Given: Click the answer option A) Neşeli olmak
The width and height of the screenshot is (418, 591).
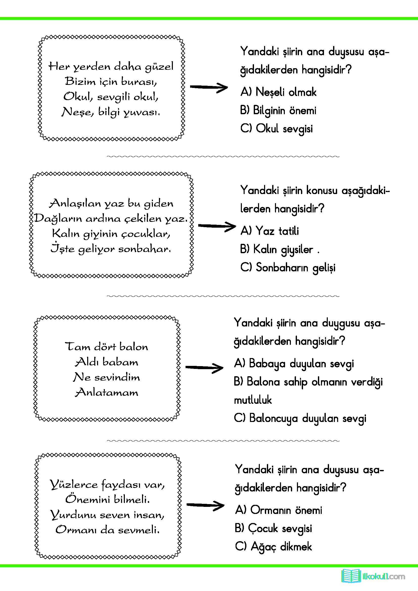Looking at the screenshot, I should point(278,92).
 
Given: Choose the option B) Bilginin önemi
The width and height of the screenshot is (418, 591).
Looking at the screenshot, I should point(278,110).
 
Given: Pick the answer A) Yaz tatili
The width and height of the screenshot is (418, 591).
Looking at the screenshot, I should point(269,231).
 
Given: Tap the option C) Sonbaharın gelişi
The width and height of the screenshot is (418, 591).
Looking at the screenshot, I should point(288,267).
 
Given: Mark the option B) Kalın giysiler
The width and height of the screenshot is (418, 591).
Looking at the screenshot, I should point(277,249).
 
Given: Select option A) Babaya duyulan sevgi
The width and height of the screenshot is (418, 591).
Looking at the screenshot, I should point(294,363).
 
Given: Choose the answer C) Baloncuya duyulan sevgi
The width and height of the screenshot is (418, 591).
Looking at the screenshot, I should point(300,418).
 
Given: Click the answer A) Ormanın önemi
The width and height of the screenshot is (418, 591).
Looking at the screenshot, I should point(278,510).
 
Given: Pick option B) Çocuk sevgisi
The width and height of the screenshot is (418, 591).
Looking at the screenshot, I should point(273,528).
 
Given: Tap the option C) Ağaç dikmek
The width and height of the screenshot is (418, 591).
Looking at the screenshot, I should point(273,547).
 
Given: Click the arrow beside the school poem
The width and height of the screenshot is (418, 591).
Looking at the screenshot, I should point(209,87).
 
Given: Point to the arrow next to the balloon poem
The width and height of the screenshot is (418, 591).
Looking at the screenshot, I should point(204,368).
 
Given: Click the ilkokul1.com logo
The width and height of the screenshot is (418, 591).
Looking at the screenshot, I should point(373,576).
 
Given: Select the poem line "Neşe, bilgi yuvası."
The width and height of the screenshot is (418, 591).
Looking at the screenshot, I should point(111,112).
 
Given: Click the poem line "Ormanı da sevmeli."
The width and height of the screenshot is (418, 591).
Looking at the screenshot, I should point(108,530).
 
